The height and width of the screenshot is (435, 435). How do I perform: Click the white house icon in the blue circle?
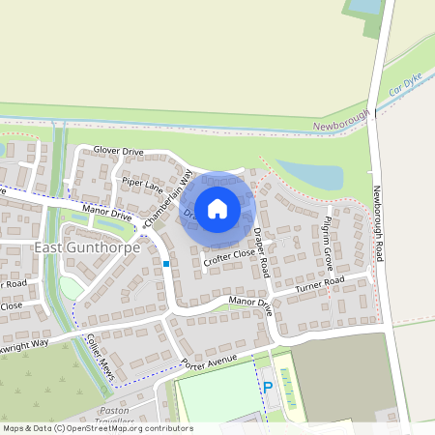coord(217,208)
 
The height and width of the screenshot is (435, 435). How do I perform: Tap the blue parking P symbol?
coord(268,388)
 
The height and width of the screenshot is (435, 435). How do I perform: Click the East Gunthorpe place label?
coord(87,247)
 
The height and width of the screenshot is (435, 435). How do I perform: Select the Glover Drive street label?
coord(119,151)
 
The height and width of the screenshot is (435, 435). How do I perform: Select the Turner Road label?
coord(320,283)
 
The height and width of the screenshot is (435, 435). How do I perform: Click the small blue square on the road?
coord(166,263)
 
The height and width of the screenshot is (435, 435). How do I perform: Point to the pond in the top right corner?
coord(364,6)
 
